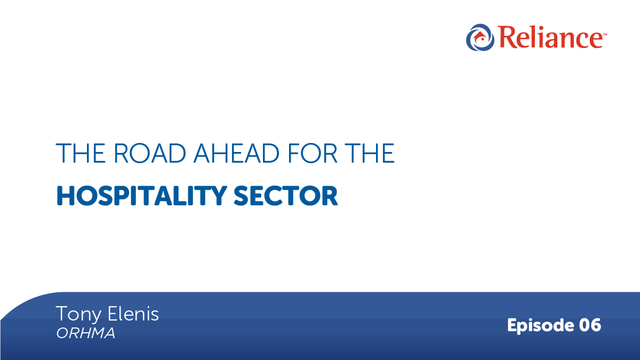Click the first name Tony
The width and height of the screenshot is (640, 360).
tap(75, 314)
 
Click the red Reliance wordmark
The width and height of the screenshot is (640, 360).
tap(549, 38)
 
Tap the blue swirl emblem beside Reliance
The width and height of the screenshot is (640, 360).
tap(478, 37)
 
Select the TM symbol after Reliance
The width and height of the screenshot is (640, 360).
tap(603, 33)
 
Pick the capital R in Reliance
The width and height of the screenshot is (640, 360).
tap(507, 38)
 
